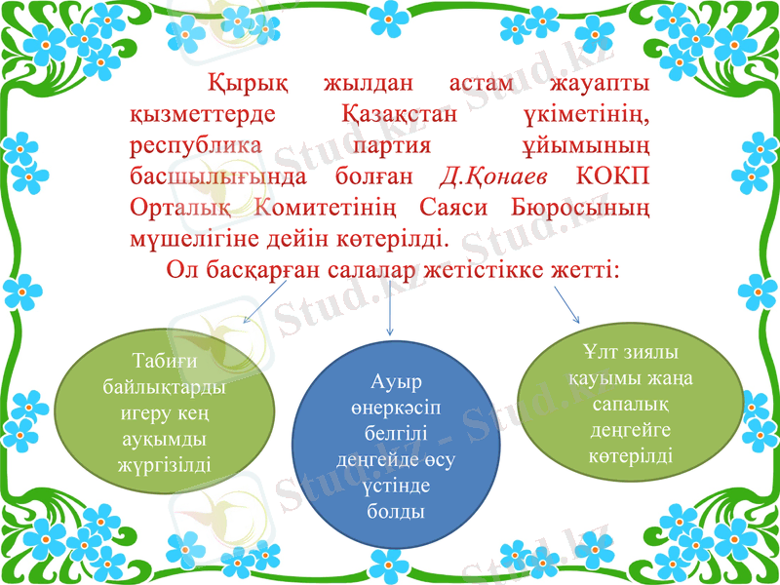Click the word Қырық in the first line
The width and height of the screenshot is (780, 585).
pos(235,86)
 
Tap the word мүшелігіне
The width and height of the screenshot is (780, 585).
pos(199,239)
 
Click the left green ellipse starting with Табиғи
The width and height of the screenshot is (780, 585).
pos(164,413)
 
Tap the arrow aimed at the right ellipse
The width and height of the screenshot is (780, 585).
pos(565,305)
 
